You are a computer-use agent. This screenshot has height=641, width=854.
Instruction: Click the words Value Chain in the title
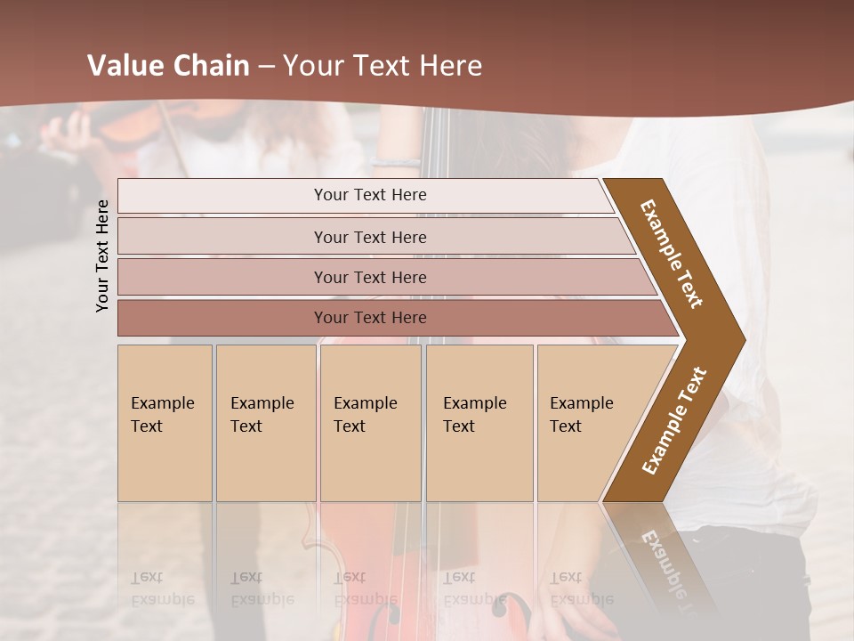[x=168, y=66]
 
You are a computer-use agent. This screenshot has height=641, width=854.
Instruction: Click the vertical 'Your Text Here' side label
[x=102, y=256]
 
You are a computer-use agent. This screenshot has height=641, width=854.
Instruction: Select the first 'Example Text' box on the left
[x=165, y=422]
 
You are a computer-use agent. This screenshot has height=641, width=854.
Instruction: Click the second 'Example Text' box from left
[x=265, y=422]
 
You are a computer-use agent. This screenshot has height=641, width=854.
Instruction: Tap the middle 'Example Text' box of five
[x=370, y=422]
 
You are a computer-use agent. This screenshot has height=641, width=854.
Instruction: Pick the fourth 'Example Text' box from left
[x=479, y=422]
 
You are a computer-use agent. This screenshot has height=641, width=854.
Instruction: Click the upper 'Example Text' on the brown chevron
[x=672, y=254]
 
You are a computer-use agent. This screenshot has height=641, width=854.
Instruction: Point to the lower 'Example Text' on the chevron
[x=673, y=421]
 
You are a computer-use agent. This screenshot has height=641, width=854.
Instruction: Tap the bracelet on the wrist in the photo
[x=396, y=162]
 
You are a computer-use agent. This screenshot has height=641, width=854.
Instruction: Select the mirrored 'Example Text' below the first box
[x=162, y=588]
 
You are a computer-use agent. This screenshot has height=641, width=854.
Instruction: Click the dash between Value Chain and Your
[x=266, y=67]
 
